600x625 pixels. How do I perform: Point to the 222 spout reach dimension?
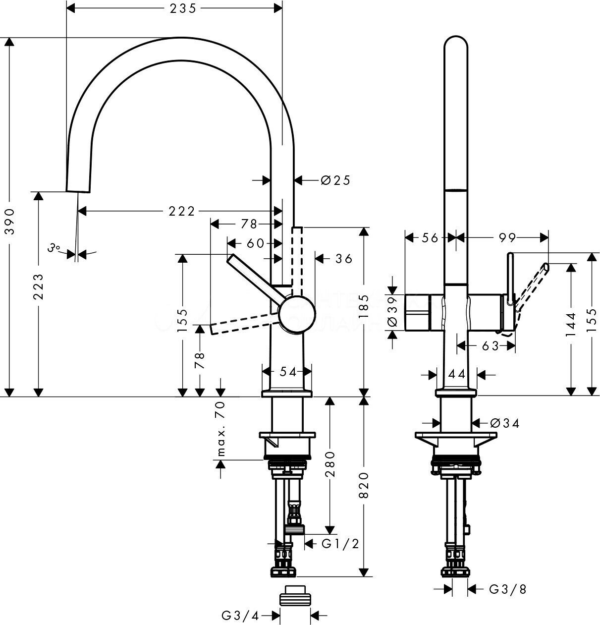click(180, 211)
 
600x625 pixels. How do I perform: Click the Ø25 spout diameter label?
click(335, 180)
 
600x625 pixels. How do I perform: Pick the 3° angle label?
click(54, 248)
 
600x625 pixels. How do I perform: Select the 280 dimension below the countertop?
click(330, 464)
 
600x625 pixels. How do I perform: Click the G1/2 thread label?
click(340, 544)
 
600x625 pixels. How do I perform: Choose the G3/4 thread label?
click(240, 616)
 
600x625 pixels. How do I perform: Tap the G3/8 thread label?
click(507, 589)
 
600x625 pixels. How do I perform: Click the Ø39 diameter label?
click(392, 311)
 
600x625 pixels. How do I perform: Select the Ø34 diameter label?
click(504, 423)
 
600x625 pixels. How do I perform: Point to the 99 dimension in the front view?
click(507, 238)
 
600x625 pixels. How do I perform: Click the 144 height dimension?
click(571, 325)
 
